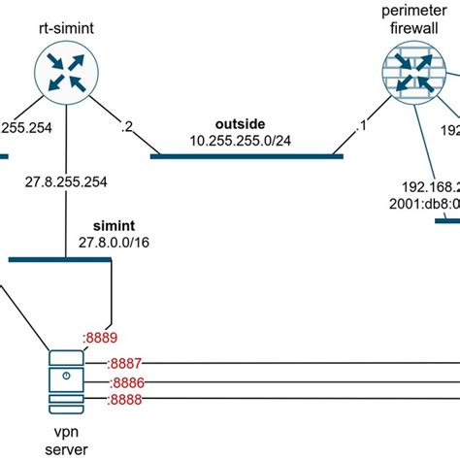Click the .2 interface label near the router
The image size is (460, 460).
point(124,125)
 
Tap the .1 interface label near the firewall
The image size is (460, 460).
point(364,126)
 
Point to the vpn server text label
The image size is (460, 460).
point(66,442)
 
